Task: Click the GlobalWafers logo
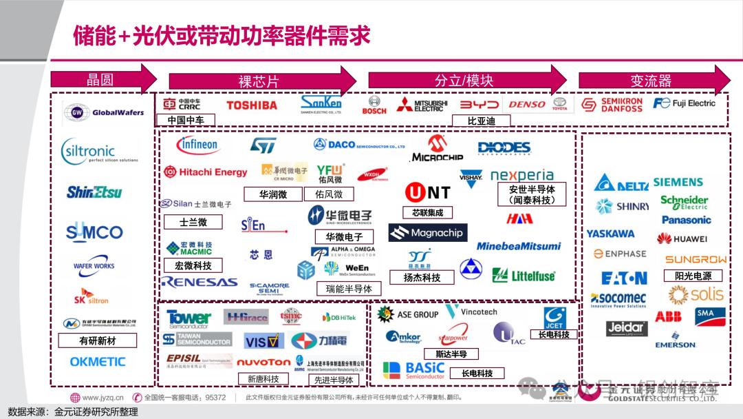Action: [100, 112]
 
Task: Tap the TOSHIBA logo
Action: [252, 105]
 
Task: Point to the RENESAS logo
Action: [199, 282]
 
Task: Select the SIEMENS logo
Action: [678, 183]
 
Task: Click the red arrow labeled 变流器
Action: [654, 80]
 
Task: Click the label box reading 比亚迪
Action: [481, 121]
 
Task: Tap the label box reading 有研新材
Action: [98, 340]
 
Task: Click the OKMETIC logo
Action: [98, 361]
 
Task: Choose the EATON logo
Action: [624, 278]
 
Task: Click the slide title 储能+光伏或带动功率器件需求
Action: [222, 34]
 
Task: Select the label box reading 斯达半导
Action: [451, 354]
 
